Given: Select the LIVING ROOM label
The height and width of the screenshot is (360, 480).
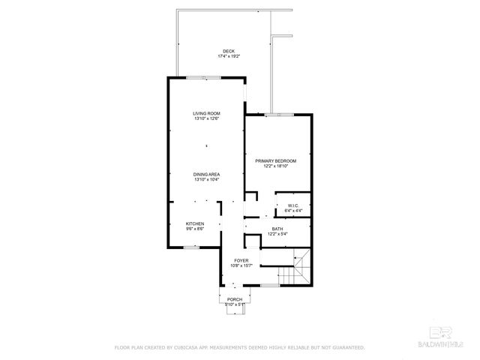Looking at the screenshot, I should pos(206,113).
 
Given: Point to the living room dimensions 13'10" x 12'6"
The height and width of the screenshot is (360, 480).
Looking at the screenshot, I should pos(206,118).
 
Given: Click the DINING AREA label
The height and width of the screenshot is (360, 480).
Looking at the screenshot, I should pos(206,174).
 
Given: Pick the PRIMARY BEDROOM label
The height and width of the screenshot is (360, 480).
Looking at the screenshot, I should pos(275,160).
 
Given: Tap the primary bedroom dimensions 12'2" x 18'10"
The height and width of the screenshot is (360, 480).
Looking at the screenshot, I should pos(275,166).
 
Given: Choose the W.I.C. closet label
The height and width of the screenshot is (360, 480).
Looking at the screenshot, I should pos(292,205).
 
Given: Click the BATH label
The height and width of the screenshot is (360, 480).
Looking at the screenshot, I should pos(277,229).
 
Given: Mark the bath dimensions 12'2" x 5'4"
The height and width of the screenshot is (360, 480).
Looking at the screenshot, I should pos(277,234).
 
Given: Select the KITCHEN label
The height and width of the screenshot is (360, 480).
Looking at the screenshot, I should pos(195,223).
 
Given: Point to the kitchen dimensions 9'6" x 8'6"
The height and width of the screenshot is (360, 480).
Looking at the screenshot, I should pos(195,229).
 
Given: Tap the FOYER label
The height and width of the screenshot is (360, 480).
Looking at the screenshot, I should pos(240,260).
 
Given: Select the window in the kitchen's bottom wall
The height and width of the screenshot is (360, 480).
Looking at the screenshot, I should pos(192,247).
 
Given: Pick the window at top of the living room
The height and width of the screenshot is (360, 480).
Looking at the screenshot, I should pos(203,77).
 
